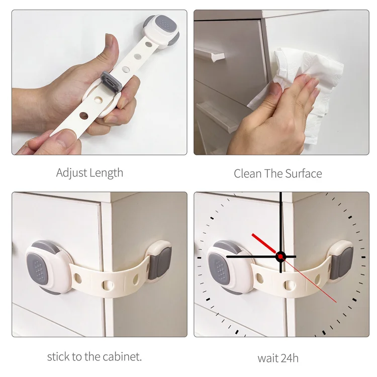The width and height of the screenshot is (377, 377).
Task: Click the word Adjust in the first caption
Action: coord(71,173)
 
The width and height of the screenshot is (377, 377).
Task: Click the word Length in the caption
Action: coord(106,173)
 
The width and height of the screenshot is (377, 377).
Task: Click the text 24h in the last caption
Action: coord(289,358)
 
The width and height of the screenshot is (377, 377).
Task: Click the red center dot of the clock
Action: coord(280,256)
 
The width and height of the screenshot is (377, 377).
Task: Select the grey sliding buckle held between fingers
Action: coord(110,80)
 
